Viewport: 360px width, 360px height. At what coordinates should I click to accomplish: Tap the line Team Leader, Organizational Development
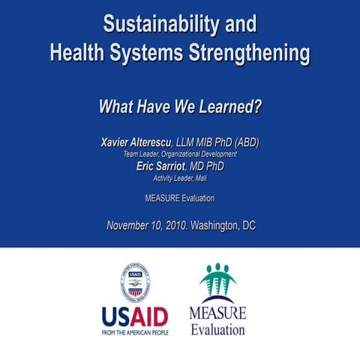179,154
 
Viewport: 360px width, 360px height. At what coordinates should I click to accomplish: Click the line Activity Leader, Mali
179,178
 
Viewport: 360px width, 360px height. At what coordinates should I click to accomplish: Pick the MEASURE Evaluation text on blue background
179,199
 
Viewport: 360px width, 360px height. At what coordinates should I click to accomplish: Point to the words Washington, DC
223,225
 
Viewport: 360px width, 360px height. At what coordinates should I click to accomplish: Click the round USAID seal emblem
136,283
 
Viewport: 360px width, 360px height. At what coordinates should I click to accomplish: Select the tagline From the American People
135,333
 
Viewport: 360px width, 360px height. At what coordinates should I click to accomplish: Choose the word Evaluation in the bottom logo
217,328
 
